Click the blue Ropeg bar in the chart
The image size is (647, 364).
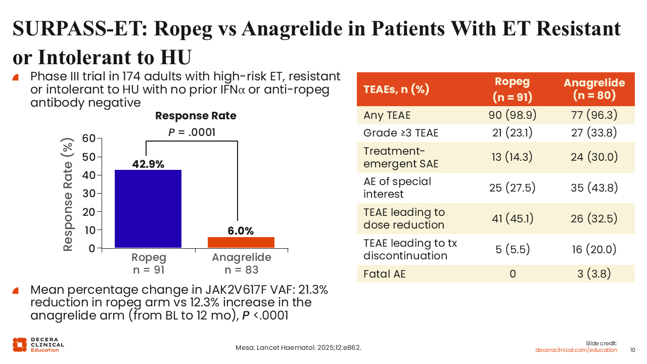point(148,209)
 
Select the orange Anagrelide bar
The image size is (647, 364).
point(241,242)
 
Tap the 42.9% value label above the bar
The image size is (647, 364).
point(148,164)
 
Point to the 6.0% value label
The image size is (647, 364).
point(241,231)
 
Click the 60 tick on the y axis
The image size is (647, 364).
point(88,139)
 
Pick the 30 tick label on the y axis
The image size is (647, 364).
point(88,193)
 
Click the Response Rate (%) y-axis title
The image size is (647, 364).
point(68,195)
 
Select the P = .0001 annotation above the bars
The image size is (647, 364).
point(192,132)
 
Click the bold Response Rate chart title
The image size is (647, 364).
point(196,116)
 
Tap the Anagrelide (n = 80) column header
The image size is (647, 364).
point(594,89)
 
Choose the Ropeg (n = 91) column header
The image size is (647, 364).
point(513,89)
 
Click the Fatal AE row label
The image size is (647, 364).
point(385,274)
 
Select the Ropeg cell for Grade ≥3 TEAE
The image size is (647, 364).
point(513,133)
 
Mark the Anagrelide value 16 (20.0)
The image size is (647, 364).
point(594,249)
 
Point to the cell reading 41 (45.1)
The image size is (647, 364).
point(513,219)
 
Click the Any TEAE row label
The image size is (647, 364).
point(387,115)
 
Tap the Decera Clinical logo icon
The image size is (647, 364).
point(20,345)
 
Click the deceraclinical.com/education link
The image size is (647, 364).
point(576,350)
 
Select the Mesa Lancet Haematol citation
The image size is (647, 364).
point(298,347)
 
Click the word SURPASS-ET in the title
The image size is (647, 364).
point(80,29)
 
